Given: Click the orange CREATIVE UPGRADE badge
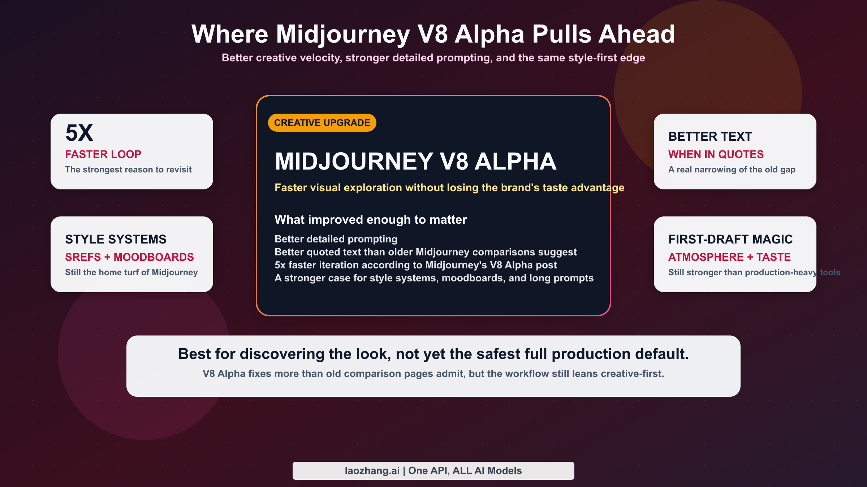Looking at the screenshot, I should pyautogui.click(x=322, y=123).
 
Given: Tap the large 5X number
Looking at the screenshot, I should pyautogui.click(x=79, y=133).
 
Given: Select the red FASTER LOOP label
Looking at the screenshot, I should pyautogui.click(x=103, y=154).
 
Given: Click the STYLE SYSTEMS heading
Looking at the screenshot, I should pyautogui.click(x=116, y=239).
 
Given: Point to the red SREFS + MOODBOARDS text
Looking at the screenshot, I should pyautogui.click(x=129, y=257).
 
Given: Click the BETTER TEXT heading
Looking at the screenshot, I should pyautogui.click(x=710, y=136).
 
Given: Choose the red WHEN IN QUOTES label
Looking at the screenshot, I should pyautogui.click(x=716, y=154).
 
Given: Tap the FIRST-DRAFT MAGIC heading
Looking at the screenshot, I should pyautogui.click(x=730, y=239).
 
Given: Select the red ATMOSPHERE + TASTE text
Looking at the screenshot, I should pyautogui.click(x=729, y=257).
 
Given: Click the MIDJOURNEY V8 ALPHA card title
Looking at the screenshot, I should pyautogui.click(x=415, y=161).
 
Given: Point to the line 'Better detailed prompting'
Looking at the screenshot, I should pyautogui.click(x=336, y=239).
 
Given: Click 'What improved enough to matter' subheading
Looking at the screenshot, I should pyautogui.click(x=370, y=219).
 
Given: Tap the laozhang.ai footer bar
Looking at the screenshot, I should pyautogui.click(x=433, y=470).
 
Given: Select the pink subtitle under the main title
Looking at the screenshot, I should pyautogui.click(x=433, y=58).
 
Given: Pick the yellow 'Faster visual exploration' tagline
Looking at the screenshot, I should pyautogui.click(x=449, y=188).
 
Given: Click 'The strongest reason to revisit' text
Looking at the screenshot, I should pyautogui.click(x=128, y=170).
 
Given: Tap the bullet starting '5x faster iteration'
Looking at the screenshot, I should pyautogui.click(x=415, y=265).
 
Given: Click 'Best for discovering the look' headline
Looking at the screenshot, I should pyautogui.click(x=433, y=354).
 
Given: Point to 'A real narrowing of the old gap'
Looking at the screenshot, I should pyautogui.click(x=732, y=170).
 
